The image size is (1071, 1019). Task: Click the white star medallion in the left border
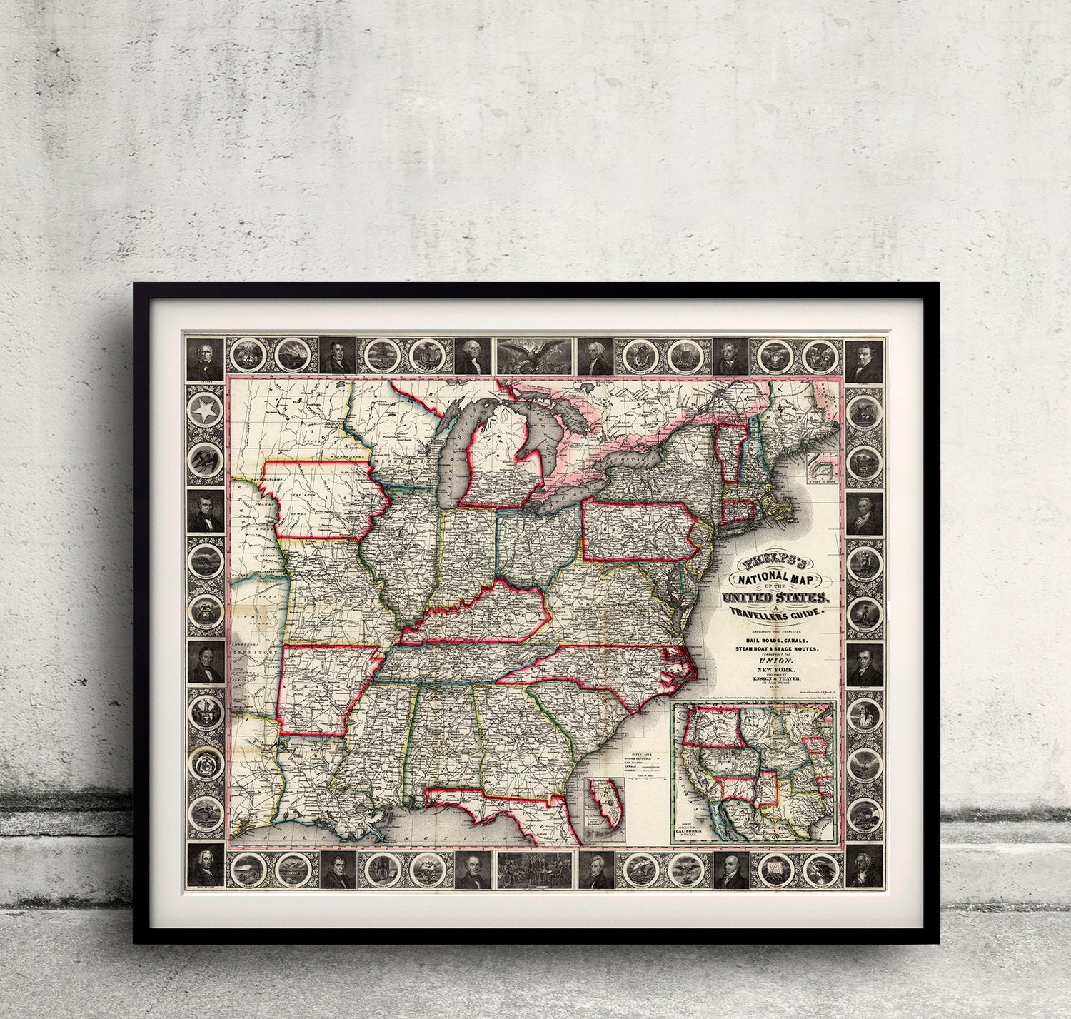(x=205, y=411)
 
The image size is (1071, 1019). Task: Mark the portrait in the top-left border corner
(x=205, y=356)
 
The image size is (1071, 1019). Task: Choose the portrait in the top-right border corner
(x=866, y=356)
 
